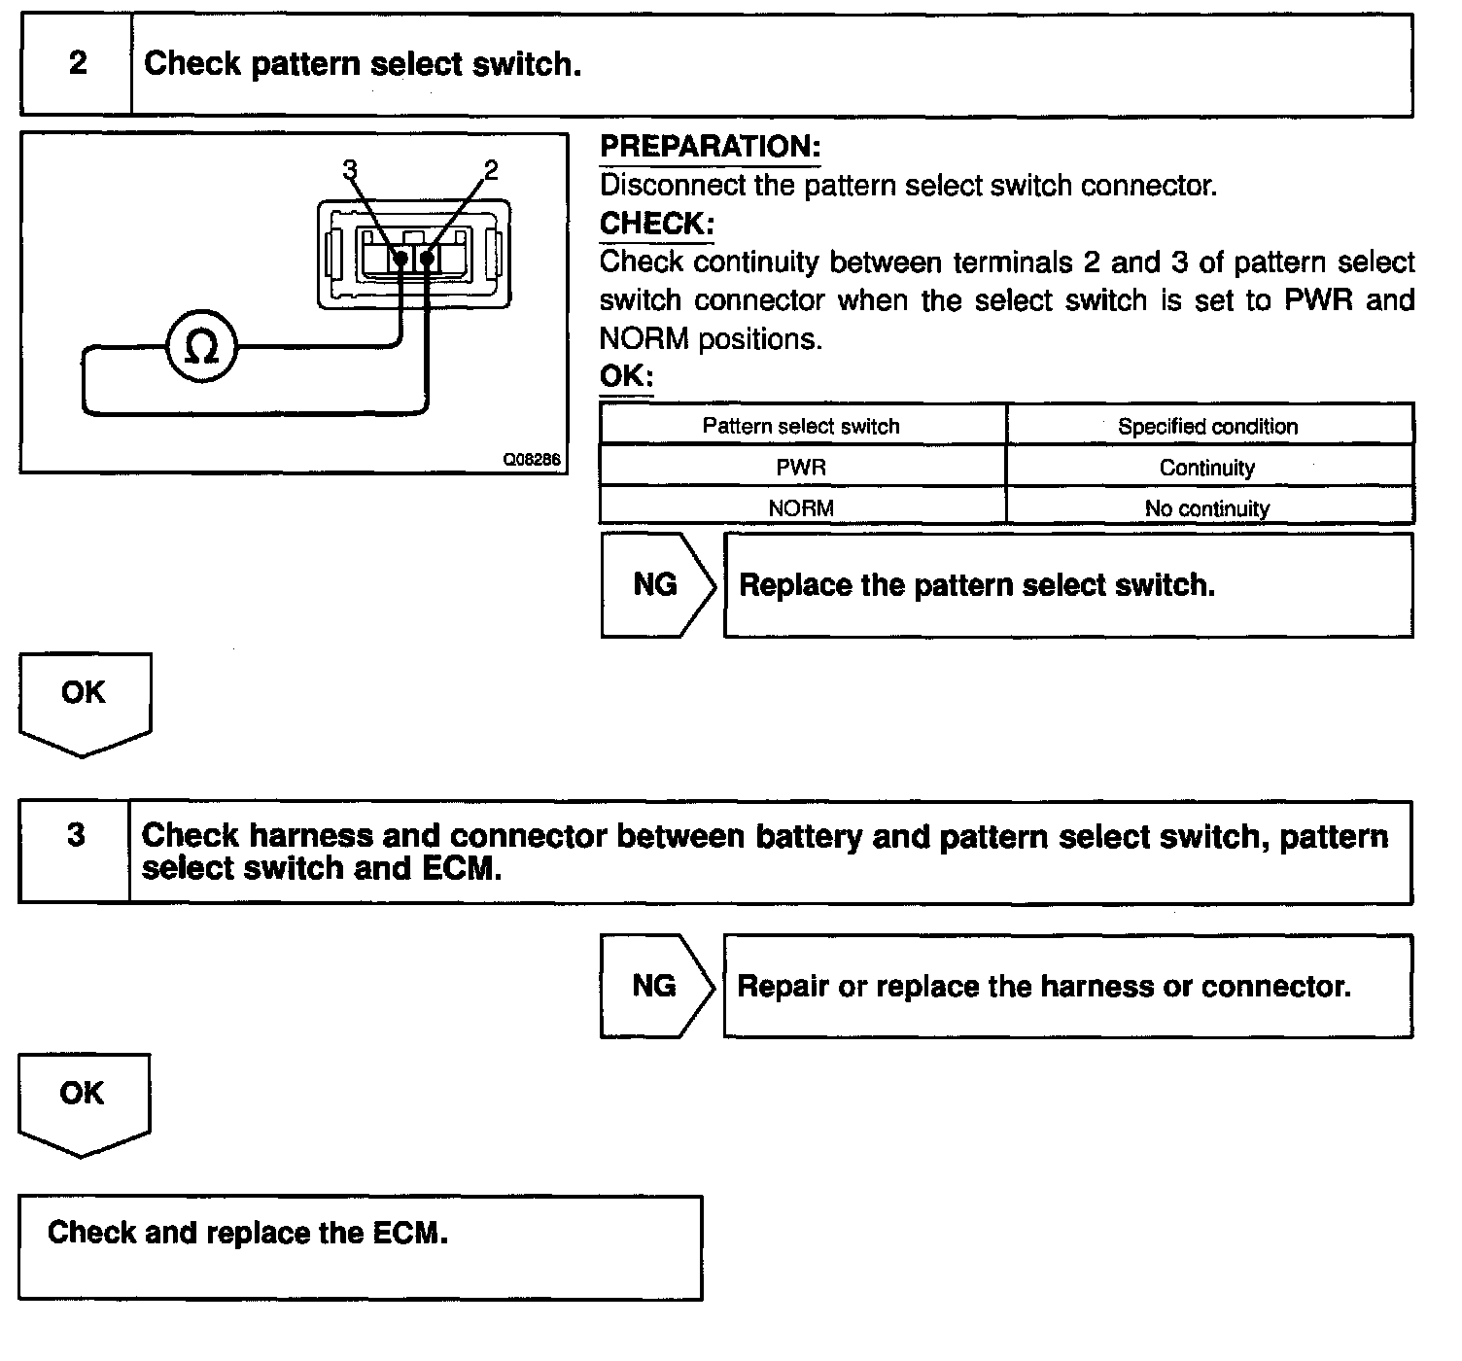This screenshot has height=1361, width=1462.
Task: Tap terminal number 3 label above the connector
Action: click(350, 170)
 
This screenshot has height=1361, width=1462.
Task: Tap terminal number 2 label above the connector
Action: click(490, 170)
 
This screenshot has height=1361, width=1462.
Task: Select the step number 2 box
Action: click(77, 64)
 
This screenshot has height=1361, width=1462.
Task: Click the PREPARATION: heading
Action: click(710, 147)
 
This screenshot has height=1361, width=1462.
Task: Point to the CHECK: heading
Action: click(656, 224)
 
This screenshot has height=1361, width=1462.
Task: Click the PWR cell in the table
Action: click(801, 468)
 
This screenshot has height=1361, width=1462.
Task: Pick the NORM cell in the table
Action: click(801, 507)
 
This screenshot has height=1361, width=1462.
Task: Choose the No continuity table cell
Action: click(1207, 508)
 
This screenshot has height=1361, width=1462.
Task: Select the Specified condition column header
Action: click(1207, 426)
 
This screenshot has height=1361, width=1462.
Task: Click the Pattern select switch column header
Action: click(801, 426)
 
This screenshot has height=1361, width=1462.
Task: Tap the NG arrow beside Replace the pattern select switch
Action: click(656, 584)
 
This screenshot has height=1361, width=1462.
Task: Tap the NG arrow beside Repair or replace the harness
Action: click(655, 986)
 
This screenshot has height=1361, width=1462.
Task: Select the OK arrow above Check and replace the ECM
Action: click(83, 1100)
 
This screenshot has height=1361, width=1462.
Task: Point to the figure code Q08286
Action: click(532, 460)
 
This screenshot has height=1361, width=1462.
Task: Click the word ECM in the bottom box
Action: click(408, 1233)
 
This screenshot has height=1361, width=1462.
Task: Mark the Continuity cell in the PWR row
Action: click(1207, 468)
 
